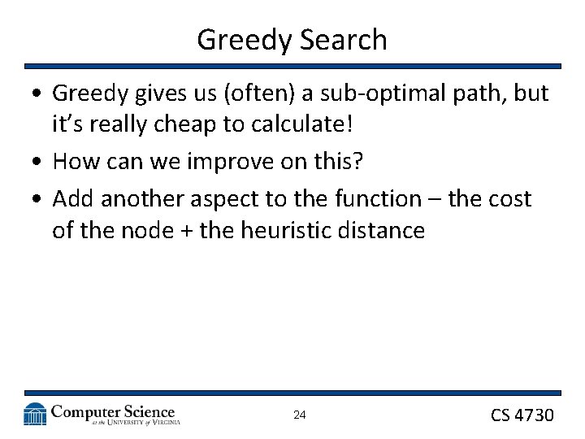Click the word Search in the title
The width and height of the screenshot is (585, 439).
click(x=344, y=39)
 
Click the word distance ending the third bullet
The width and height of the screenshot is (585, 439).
click(x=383, y=231)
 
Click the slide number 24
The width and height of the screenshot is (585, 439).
click(x=299, y=415)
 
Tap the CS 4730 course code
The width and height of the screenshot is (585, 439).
click(x=522, y=415)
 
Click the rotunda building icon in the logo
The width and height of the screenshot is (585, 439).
click(x=35, y=415)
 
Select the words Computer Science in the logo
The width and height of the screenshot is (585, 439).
click(x=113, y=411)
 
